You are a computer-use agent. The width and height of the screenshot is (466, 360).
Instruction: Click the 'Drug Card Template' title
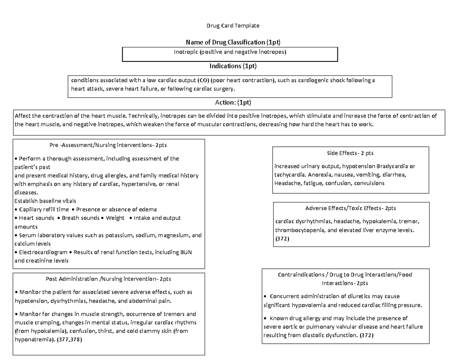(x=232, y=26)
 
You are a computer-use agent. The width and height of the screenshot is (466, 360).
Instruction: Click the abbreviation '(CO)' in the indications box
(x=202, y=81)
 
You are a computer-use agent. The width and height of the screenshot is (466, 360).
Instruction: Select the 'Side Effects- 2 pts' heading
(x=350, y=153)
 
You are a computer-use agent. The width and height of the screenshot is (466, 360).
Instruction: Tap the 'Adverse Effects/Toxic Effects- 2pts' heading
(x=351, y=208)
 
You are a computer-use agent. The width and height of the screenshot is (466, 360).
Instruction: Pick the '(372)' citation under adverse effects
(x=282, y=239)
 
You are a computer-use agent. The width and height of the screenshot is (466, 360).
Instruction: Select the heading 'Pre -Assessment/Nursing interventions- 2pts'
(x=109, y=145)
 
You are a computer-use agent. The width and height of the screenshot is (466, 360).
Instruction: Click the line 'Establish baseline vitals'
(x=45, y=201)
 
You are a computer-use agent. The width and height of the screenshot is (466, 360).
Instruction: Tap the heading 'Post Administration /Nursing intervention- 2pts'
(x=108, y=279)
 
